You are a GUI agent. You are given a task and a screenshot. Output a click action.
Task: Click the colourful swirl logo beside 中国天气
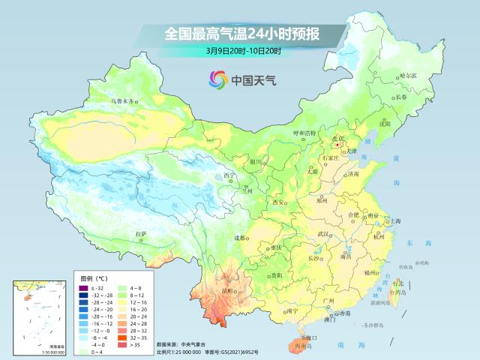pyautogui.click(x=217, y=78)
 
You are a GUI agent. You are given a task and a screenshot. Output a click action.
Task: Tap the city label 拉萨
pyautogui.click(x=140, y=234)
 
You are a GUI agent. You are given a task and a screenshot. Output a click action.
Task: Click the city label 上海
pyautogui.click(x=395, y=221)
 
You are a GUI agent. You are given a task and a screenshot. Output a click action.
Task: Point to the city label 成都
pyautogui.click(x=240, y=238)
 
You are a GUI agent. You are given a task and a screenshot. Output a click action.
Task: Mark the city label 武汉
pyautogui.click(x=323, y=234)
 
